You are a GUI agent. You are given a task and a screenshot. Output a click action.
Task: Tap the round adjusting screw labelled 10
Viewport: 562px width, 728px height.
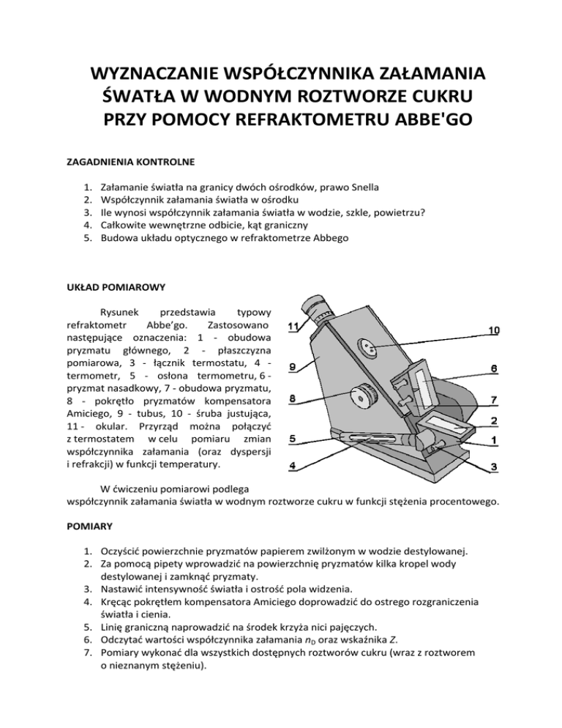(x=370, y=346)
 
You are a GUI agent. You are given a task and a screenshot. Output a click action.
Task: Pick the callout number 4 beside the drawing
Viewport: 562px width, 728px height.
(x=293, y=466)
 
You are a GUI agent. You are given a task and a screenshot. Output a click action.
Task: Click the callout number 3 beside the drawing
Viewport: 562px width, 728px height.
(x=495, y=467)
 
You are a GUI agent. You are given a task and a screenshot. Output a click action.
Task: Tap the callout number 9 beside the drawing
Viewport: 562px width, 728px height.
(x=293, y=367)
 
